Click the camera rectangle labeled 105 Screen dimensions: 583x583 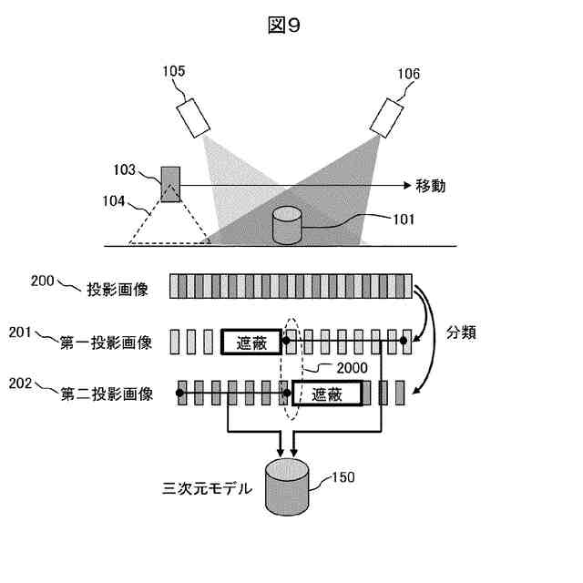192,118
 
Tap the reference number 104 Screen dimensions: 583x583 115,202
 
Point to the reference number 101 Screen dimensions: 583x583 403,219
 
